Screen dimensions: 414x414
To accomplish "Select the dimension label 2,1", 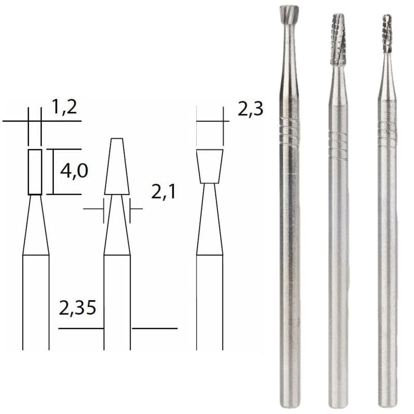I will click(164, 193).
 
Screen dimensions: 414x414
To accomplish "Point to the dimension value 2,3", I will click(251, 109).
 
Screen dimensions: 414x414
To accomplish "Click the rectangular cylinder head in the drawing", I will click(35, 172).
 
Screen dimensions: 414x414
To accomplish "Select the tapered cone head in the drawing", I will click(117, 167).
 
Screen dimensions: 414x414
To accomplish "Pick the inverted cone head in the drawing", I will click(210, 166).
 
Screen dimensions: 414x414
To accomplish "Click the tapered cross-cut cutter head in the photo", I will click(337, 39).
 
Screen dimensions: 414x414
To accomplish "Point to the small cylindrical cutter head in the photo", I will click(387, 34).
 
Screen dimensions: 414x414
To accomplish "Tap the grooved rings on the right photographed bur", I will click(387, 135).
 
